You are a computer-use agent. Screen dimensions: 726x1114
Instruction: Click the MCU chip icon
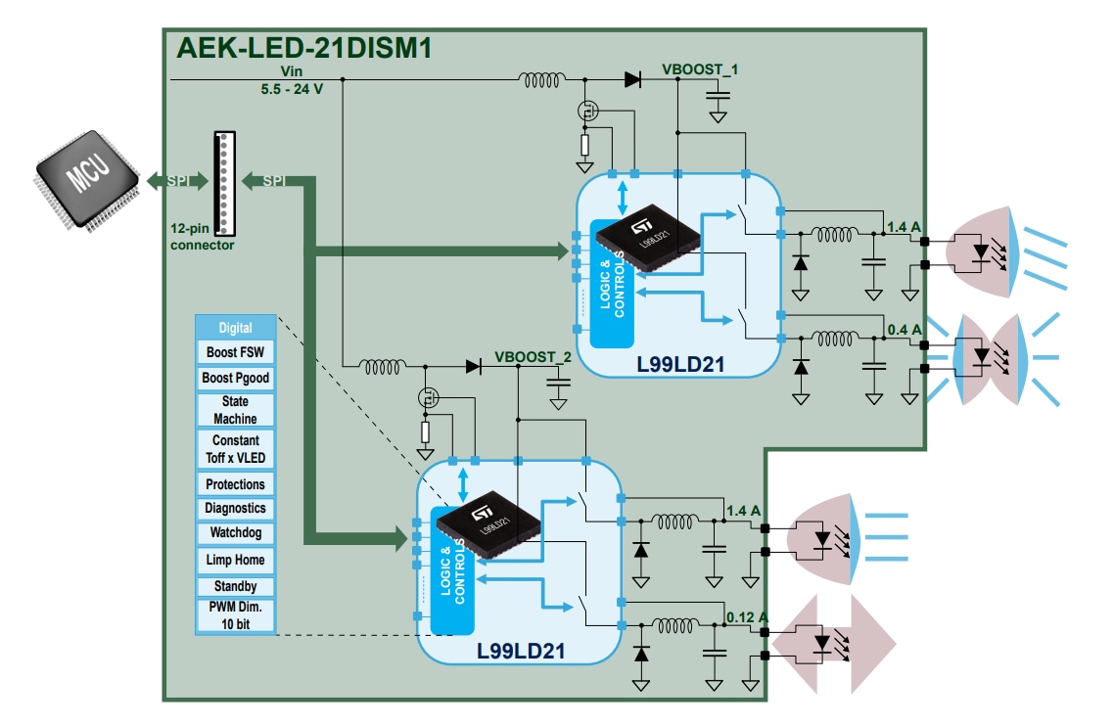87,179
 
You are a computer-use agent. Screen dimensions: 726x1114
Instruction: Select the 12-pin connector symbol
224,183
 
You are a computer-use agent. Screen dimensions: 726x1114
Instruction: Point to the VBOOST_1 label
700,69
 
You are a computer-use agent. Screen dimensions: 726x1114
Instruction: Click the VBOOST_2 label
533,357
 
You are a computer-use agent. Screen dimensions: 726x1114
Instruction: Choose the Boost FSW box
235,352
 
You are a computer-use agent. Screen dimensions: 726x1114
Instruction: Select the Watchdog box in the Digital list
235,533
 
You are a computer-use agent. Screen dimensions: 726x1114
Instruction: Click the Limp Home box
235,561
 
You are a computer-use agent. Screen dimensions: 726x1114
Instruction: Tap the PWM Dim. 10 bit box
235,614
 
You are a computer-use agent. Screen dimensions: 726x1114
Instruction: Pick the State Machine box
235,409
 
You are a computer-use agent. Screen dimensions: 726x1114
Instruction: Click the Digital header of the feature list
235,328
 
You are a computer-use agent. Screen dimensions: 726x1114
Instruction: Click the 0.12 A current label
748,617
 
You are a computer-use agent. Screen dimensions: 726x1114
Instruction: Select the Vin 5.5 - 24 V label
292,79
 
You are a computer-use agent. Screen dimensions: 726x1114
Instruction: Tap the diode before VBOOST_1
632,79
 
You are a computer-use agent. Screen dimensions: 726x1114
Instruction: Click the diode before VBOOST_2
474,367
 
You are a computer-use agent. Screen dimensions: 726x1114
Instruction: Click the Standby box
235,586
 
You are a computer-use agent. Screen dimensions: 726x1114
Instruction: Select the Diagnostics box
235,508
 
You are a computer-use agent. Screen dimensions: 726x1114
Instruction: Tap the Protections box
235,484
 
